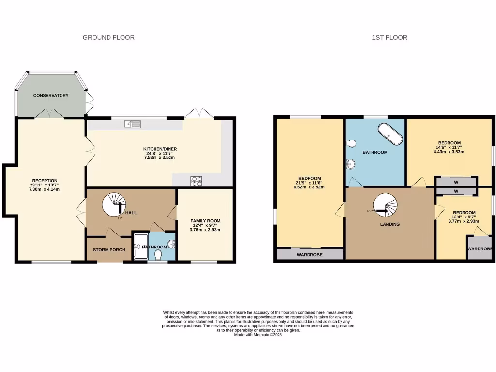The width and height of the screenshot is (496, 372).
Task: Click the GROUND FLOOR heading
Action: (108, 37)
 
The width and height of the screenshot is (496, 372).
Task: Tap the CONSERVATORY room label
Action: (51, 96)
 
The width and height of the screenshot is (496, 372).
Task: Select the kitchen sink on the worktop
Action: (132, 124)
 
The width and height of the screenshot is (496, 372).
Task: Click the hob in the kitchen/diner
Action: (197, 181)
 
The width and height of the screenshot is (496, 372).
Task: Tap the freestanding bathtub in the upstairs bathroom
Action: (390, 134)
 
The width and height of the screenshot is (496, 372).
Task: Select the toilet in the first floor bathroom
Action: (351, 143)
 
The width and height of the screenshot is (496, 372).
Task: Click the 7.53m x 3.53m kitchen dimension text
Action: (159, 158)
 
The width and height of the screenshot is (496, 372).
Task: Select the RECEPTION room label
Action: (45, 181)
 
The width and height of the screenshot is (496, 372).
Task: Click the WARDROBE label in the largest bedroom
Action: (310, 254)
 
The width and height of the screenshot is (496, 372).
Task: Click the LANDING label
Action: (390, 224)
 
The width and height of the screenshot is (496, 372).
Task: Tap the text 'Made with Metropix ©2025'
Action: (258, 335)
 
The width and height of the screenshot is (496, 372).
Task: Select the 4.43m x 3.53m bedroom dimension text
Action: (449, 152)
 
